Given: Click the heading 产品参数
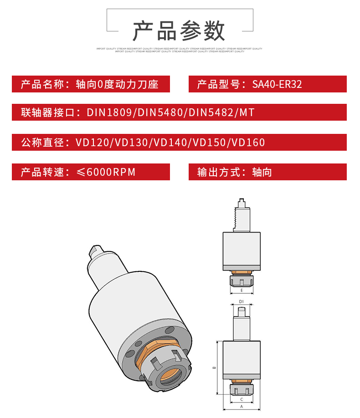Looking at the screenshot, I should (179, 31).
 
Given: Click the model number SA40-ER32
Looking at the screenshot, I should (277, 84).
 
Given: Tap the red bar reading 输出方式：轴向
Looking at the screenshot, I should (267, 172).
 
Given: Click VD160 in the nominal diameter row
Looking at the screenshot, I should (248, 143).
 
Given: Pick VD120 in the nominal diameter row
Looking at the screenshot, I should (93, 143).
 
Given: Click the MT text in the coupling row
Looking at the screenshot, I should (247, 112).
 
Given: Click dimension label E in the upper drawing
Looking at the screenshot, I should (242, 290).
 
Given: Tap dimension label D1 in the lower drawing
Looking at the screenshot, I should (242, 301).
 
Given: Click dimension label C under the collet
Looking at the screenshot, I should (242, 399).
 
